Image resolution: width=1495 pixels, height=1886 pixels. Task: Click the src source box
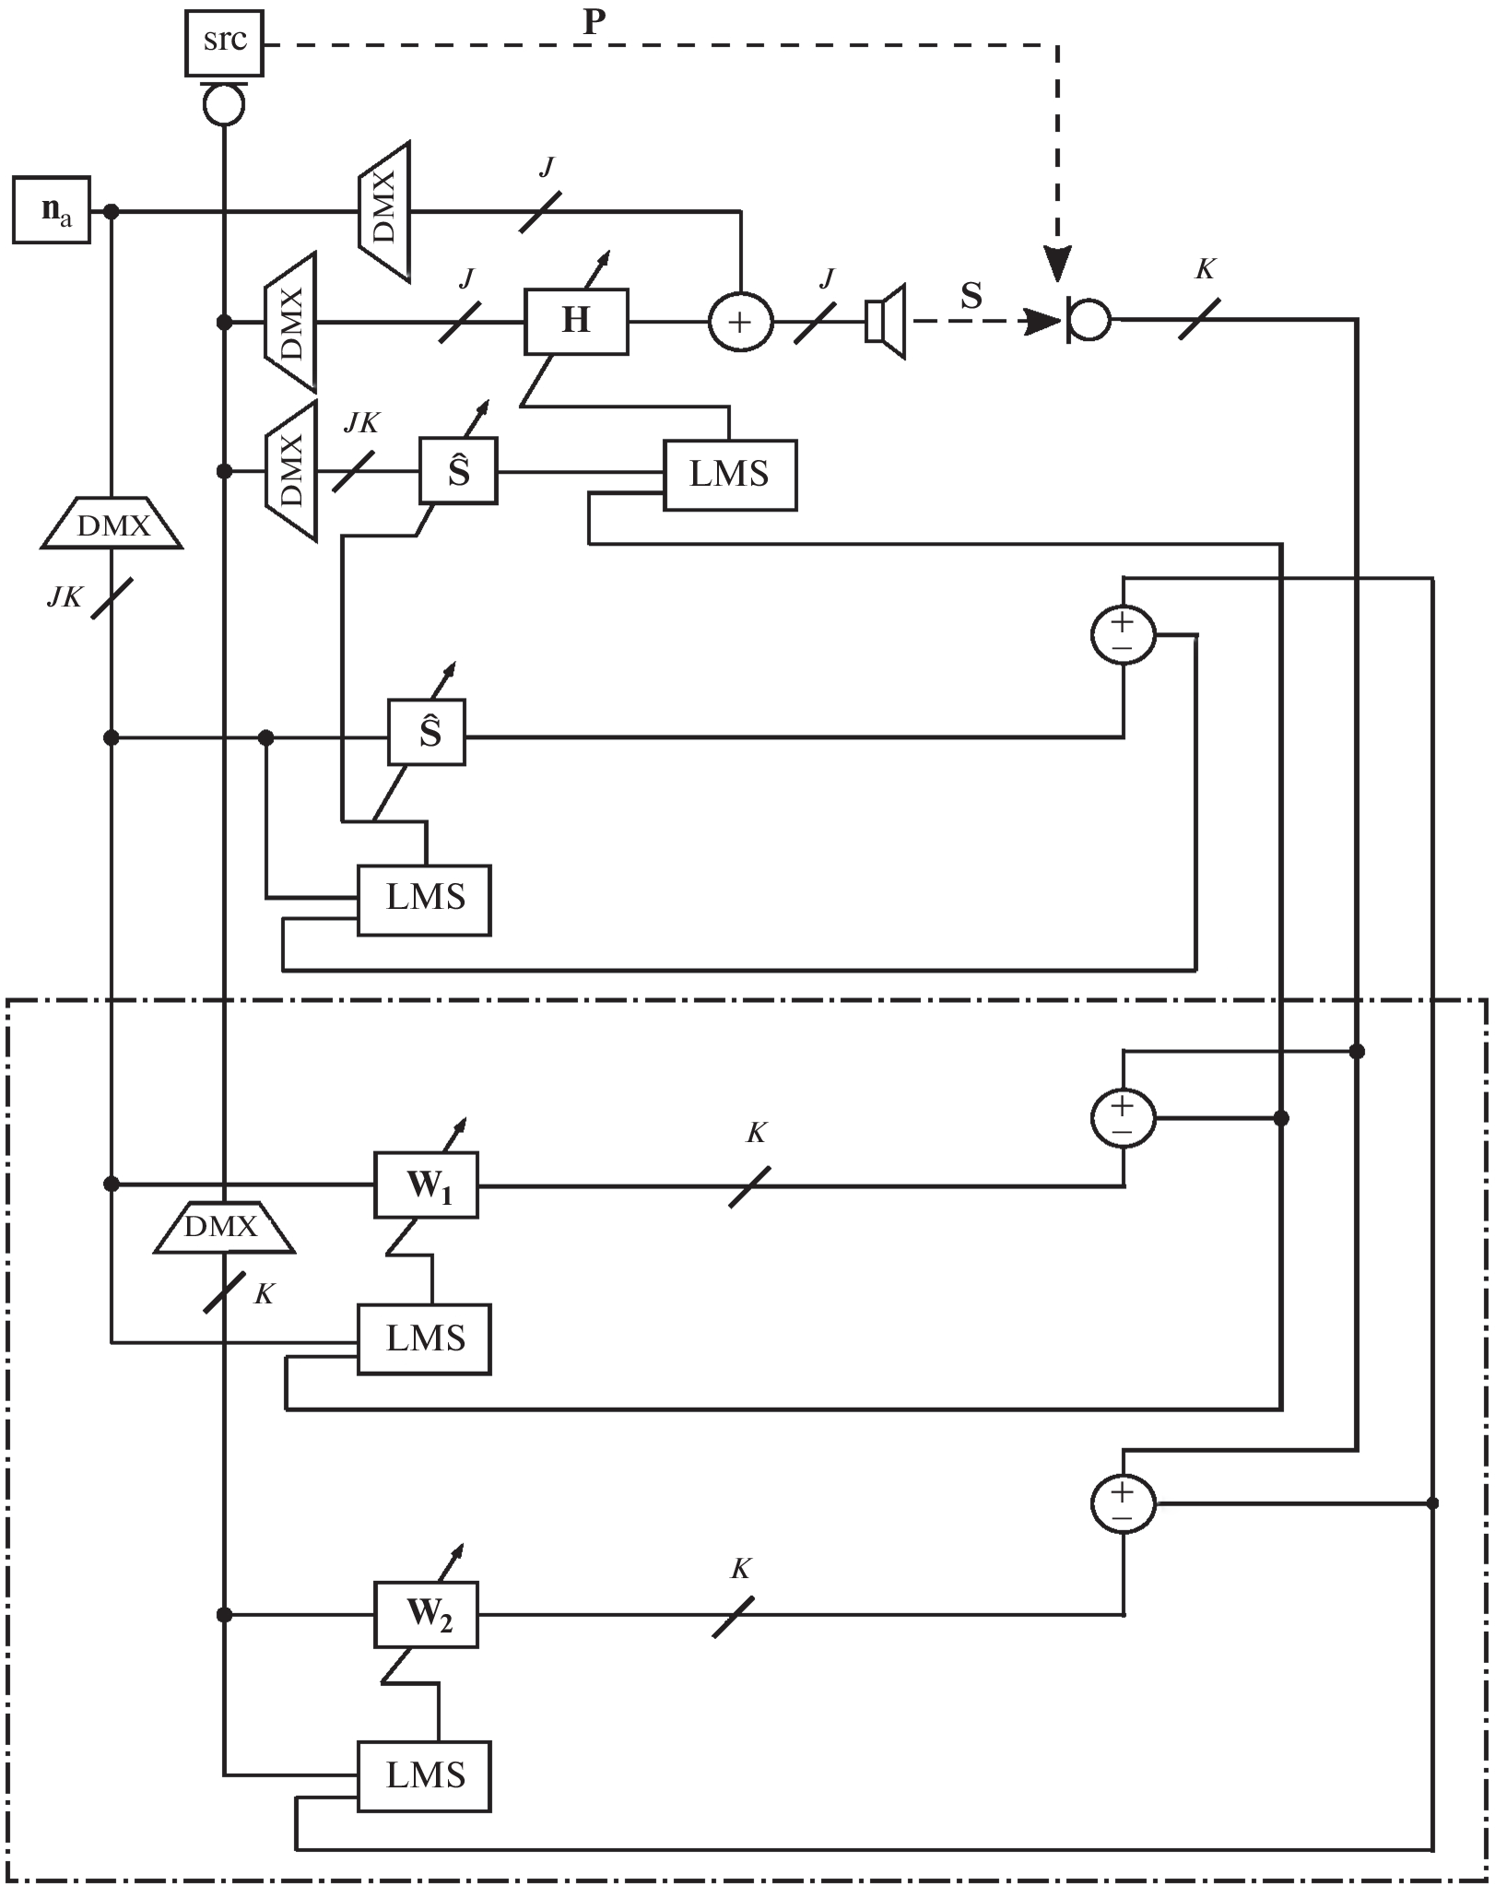(x=225, y=42)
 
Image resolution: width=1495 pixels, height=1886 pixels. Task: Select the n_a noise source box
(x=52, y=210)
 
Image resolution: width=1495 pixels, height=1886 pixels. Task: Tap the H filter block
(x=576, y=322)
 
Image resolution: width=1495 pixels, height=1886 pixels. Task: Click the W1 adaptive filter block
(x=426, y=1185)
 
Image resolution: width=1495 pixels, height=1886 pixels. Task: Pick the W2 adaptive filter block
(x=426, y=1615)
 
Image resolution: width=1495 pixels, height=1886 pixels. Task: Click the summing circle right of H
(x=740, y=322)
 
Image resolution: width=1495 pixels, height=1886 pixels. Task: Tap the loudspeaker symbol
(x=886, y=322)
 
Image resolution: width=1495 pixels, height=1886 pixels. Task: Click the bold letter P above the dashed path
(x=594, y=23)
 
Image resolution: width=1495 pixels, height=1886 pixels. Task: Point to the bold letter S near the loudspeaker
(x=971, y=295)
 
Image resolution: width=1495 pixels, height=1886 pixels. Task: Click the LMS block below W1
(x=424, y=1339)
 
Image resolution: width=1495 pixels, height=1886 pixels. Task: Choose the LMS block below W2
(x=424, y=1776)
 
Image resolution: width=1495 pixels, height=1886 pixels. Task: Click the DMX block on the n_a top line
(x=383, y=211)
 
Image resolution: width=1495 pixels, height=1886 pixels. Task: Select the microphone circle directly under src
(x=224, y=105)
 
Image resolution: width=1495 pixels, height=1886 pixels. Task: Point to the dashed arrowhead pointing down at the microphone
(x=1057, y=264)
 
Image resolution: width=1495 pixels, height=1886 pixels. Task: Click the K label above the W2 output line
(x=740, y=1569)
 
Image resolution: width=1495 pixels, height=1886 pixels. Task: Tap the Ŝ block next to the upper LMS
(x=458, y=471)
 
